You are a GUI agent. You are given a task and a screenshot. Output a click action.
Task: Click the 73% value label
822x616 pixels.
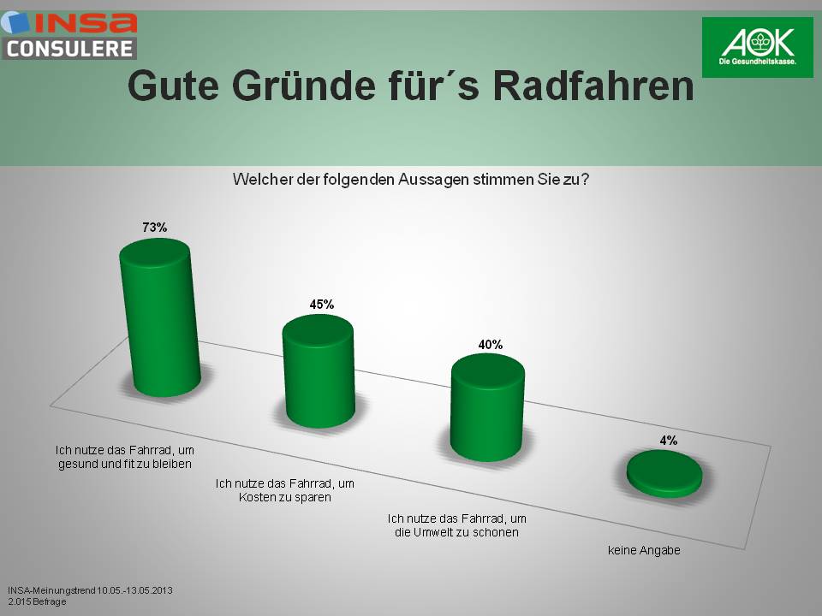coord(155,228)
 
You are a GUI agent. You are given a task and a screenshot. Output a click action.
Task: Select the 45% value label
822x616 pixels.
coord(321,304)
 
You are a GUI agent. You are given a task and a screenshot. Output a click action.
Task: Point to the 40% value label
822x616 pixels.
coord(491,345)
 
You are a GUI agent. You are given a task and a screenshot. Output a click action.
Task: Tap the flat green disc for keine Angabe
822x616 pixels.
coord(664,473)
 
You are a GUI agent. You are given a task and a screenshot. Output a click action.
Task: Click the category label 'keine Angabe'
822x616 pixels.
coord(643,550)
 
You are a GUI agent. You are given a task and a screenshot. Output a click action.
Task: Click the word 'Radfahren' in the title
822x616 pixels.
coord(594,86)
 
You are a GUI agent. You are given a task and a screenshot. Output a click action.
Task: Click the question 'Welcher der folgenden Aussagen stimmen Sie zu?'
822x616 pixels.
coord(411,181)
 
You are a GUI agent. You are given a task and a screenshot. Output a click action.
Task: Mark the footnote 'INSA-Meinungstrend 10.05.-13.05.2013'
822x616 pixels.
coord(91,590)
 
